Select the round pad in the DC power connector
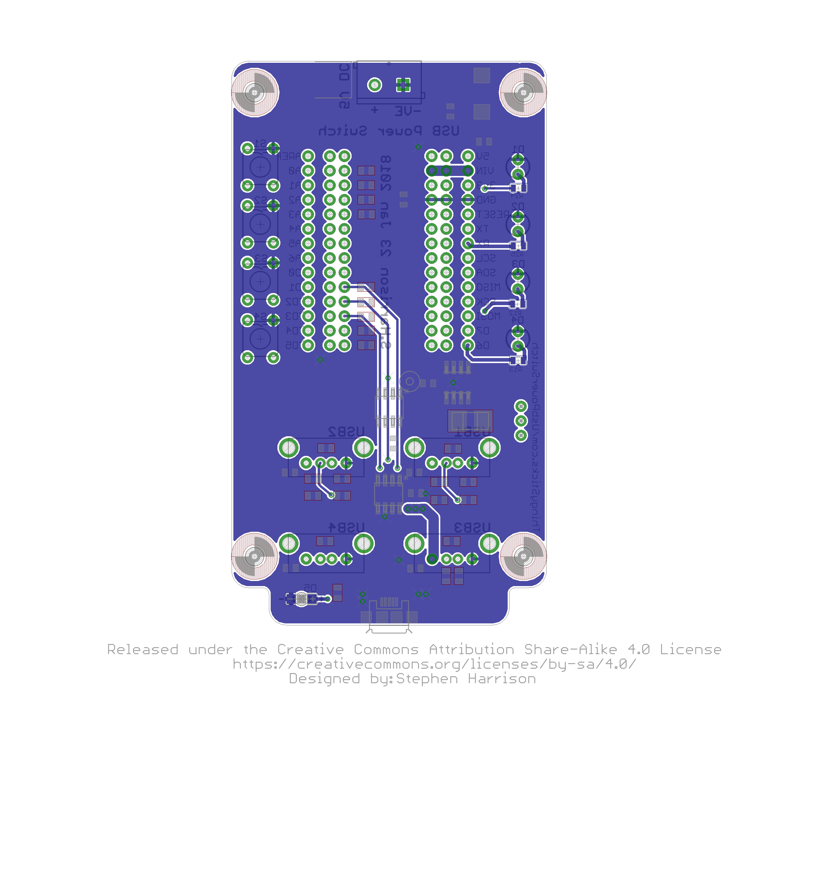coord(375,85)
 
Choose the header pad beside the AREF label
coord(308,156)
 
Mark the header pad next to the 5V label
coord(468,156)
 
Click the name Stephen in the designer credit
coord(427,679)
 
